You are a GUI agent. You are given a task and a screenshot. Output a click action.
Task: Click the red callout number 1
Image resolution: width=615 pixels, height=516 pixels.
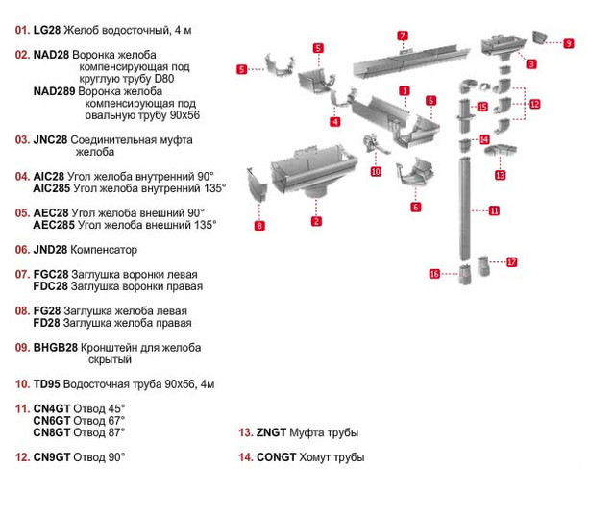405,91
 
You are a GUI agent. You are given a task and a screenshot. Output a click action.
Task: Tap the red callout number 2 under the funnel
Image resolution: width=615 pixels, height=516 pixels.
316,221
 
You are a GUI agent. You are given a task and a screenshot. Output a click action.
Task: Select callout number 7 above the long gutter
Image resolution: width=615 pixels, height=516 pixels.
403,36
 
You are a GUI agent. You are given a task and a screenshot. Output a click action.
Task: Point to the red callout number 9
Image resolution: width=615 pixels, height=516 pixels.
569,43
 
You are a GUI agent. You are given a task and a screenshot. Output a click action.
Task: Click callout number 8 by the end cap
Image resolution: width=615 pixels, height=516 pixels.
259,226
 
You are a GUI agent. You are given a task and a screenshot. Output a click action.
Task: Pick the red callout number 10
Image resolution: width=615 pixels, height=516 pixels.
376,171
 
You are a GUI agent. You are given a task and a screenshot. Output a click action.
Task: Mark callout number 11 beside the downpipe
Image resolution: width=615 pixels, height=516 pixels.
494,209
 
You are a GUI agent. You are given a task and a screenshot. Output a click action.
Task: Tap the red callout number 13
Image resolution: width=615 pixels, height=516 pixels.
501,176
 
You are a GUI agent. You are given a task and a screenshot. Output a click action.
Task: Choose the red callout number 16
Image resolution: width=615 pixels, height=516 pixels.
434,274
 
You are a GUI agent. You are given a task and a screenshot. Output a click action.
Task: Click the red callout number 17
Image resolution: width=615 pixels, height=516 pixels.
512,261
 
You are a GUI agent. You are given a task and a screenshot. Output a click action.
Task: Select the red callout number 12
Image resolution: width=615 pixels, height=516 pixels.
535,104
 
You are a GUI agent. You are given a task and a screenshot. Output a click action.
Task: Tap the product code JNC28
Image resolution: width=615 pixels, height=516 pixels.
50,139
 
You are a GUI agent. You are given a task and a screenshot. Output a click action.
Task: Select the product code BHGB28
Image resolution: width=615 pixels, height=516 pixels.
53,347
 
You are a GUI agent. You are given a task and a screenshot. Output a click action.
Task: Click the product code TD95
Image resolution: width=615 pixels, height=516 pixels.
46,384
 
